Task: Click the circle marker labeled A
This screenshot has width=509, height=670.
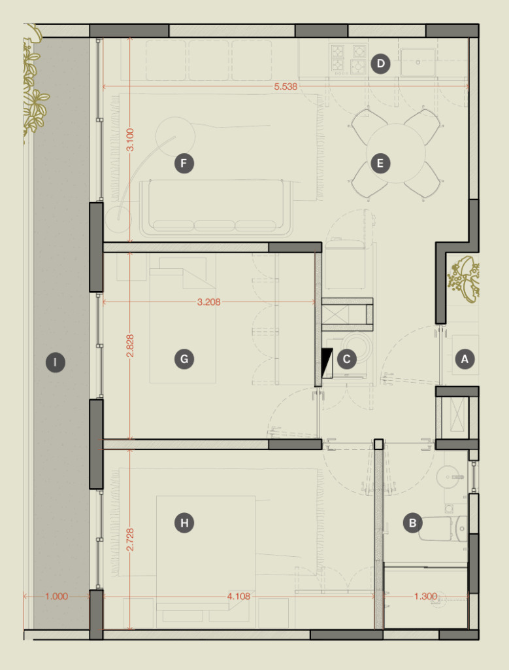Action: click(x=465, y=359)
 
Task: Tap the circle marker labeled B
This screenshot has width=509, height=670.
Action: click(x=412, y=523)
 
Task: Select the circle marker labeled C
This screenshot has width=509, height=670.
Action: click(x=346, y=359)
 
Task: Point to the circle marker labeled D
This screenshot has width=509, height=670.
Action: click(x=380, y=63)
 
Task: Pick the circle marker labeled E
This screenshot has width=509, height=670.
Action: click(x=380, y=163)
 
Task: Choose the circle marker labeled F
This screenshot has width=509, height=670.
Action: click(x=184, y=163)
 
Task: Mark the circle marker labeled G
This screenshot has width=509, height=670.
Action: click(x=184, y=359)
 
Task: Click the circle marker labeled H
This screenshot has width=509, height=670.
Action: click(x=184, y=523)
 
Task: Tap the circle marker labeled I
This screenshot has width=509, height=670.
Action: click(x=55, y=362)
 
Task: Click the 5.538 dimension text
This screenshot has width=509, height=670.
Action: click(x=286, y=87)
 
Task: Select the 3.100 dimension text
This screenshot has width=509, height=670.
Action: click(x=131, y=139)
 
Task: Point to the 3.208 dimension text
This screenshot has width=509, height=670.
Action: click(x=208, y=302)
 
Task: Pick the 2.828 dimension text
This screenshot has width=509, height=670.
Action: click(x=131, y=345)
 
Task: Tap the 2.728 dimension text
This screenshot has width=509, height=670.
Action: click(x=131, y=539)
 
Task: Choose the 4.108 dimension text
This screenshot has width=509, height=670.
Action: click(x=238, y=596)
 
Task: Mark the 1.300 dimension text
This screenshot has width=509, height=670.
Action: click(x=425, y=596)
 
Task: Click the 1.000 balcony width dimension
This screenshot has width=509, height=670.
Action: click(x=56, y=596)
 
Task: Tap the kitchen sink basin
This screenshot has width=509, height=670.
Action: click(x=418, y=62)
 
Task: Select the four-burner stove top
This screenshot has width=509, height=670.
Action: click(x=348, y=59)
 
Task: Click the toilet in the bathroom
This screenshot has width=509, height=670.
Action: click(x=443, y=529)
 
